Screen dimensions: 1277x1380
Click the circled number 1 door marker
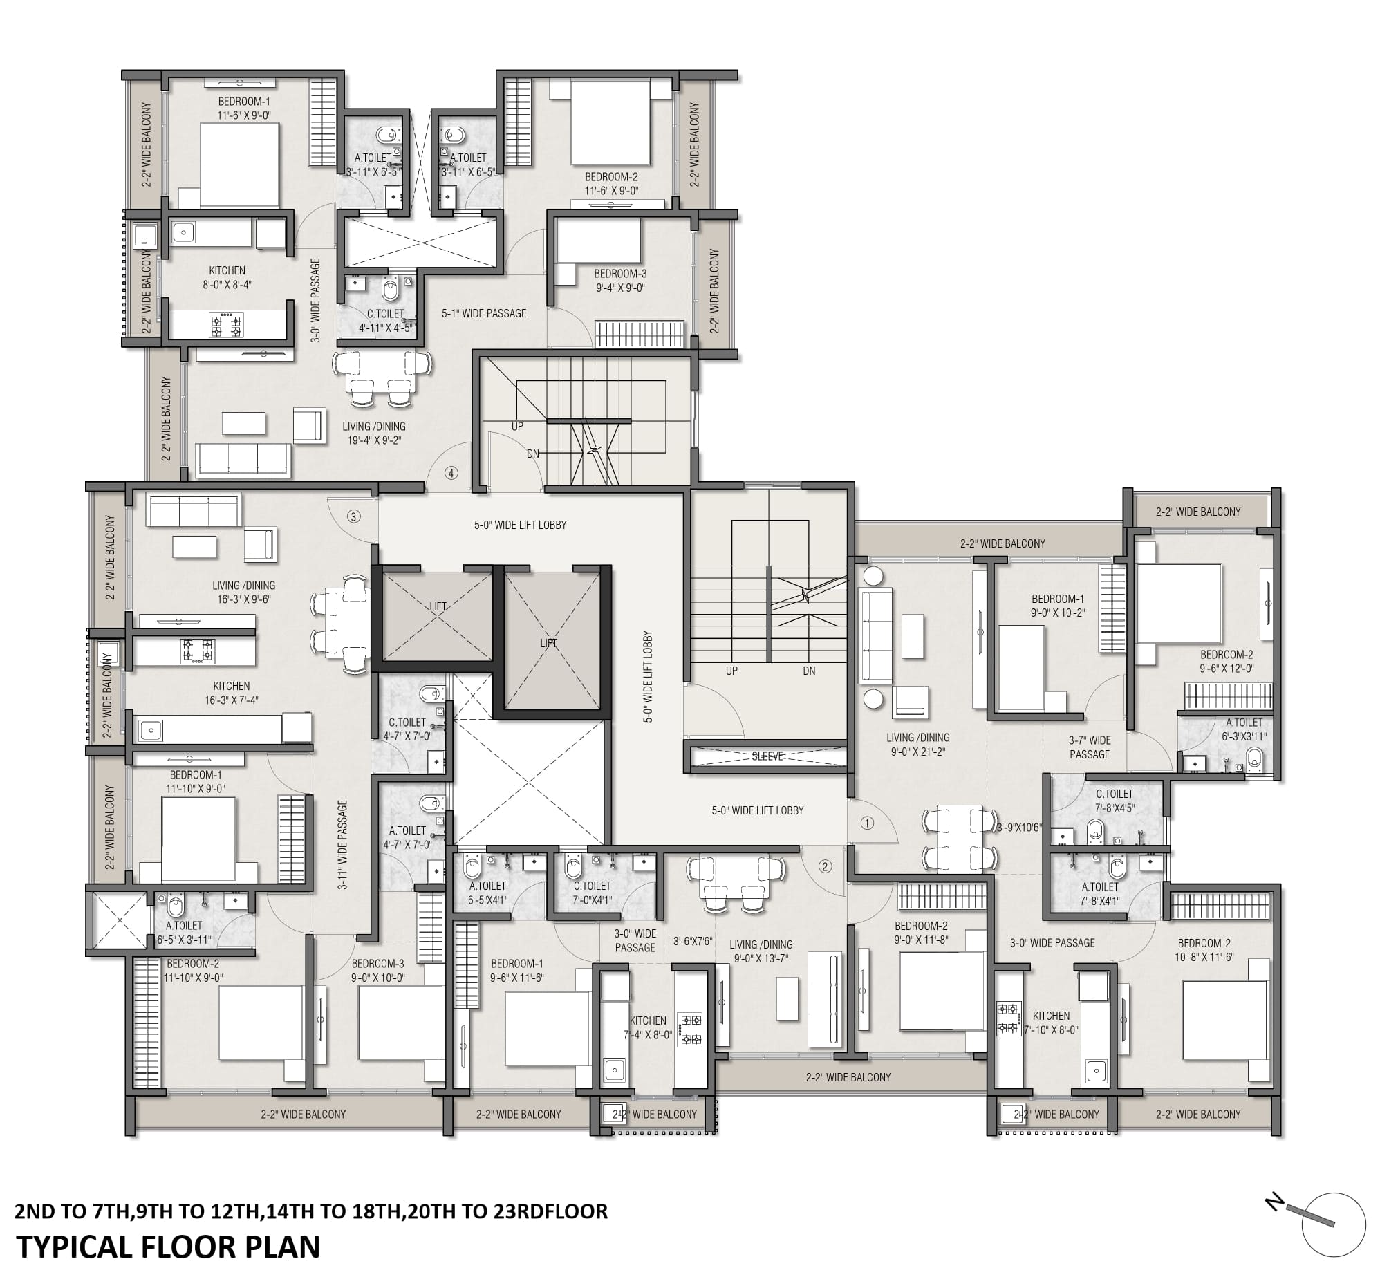[x=867, y=823]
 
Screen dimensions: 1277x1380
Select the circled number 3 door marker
[x=353, y=516]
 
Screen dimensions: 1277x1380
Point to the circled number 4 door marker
[x=451, y=474]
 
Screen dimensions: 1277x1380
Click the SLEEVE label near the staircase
[x=767, y=756]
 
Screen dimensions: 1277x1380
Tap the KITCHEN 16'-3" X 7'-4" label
[x=231, y=693]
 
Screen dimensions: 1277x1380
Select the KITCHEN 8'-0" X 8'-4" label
[x=227, y=277]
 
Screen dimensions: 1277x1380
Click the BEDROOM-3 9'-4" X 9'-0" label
[x=619, y=280]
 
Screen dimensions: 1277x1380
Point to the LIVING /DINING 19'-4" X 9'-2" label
[x=373, y=433]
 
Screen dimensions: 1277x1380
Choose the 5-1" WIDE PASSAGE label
[x=484, y=313]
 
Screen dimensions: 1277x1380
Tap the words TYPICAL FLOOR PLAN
[x=168, y=1247]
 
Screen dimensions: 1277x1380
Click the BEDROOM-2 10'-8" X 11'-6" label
[x=1204, y=950]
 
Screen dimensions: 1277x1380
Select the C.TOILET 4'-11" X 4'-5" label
[x=385, y=321]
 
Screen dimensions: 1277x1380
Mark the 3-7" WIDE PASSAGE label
[x=1090, y=747]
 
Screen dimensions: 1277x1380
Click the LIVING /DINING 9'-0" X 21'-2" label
[x=917, y=745]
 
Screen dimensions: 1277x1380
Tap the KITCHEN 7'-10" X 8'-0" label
[x=1051, y=1023]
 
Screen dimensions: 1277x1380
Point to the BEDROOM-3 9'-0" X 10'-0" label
[x=377, y=970]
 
